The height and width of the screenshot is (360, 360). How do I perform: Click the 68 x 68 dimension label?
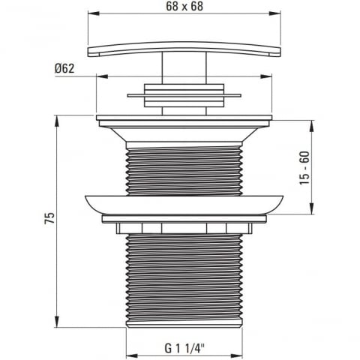[x=184, y=6]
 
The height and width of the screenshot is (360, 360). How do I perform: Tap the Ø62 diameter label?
[x=64, y=68]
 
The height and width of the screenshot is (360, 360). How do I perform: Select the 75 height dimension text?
[x=49, y=218]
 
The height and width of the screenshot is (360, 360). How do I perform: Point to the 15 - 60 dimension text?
[x=304, y=168]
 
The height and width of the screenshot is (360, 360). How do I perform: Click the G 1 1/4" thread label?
[x=184, y=348]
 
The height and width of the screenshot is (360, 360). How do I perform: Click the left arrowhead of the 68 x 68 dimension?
[x=94, y=13]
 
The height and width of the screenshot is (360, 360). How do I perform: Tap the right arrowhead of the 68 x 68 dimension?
[x=274, y=13]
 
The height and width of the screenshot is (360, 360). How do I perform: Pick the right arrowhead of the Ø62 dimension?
[x=265, y=76]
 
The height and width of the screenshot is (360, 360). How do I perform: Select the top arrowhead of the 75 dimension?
[x=57, y=121]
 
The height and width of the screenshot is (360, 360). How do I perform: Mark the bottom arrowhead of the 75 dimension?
[x=57, y=321]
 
